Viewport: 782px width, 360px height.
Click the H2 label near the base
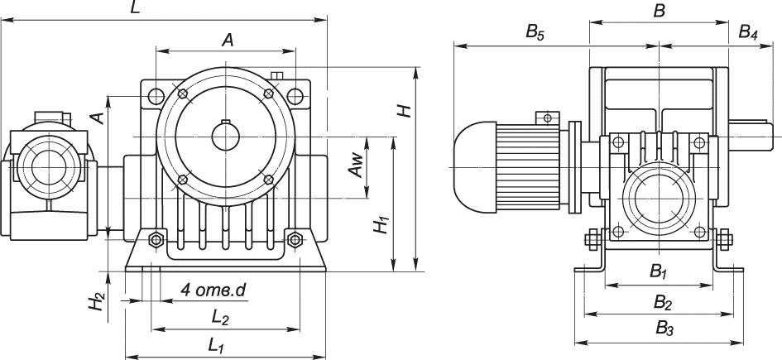pyautogui.click(x=99, y=302)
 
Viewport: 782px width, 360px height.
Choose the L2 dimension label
pyautogui.click(x=219, y=316)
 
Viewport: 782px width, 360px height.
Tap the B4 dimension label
pyautogui.click(x=747, y=33)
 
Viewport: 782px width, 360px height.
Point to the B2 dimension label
pyautogui.click(x=661, y=299)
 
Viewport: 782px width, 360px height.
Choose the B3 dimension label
pyautogui.click(x=665, y=328)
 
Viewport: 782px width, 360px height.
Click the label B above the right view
pyautogui.click(x=660, y=10)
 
